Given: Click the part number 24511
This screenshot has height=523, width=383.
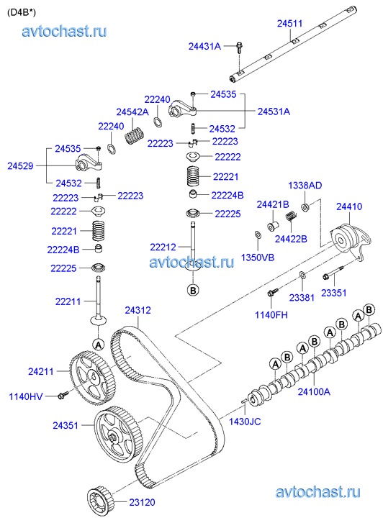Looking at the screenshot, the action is coord(289,23).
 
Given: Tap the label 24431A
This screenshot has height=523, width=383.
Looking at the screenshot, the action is coord(204,46).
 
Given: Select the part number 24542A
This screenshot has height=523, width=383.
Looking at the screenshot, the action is coord(132,112).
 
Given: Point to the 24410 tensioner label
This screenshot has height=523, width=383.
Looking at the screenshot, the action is coord(349,206).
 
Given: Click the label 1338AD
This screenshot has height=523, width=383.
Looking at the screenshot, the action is coord(305,185).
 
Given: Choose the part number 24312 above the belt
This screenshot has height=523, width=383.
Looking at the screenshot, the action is coord(138,310).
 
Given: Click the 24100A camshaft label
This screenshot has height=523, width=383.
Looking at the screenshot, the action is coord(314,391).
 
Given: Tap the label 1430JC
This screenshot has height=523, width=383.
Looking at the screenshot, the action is coord(245,422).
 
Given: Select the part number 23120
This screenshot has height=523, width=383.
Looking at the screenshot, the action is coord(142,502).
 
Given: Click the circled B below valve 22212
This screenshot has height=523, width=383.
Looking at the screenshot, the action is coord(193,290).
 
